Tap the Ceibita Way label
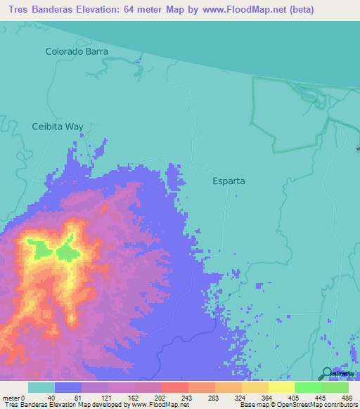(58, 127)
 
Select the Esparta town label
(229, 181)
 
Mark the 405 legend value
(295, 397)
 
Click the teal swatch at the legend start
(41, 387)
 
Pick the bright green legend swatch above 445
(309, 387)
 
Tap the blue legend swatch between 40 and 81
(68, 387)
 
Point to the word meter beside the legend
(11, 397)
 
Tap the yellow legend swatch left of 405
(282, 387)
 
